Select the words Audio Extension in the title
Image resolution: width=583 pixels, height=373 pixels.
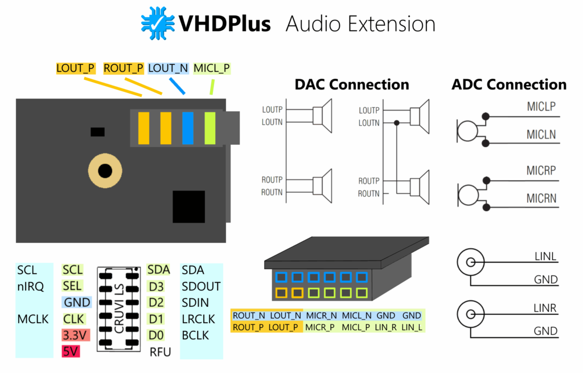tap(360, 24)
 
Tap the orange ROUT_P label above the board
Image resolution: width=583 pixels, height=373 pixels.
tap(124, 68)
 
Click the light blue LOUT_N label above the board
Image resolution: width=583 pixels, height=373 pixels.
tap(168, 68)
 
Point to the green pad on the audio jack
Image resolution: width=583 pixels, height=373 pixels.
tap(211, 128)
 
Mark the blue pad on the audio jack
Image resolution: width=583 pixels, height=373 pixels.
tap(188, 128)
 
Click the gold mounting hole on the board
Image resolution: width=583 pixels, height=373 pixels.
tap(105, 171)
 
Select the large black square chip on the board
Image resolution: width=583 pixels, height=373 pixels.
tap(188, 207)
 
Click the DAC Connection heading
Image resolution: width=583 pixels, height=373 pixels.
tap(351, 84)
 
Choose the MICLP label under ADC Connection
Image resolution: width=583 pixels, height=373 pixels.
tap(541, 107)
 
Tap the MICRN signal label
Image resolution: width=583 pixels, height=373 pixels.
tap(541, 199)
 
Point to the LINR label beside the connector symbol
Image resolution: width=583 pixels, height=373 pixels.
tap(544, 309)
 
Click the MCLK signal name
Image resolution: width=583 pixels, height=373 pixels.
tap(33, 319)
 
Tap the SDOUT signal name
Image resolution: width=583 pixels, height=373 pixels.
tap(201, 286)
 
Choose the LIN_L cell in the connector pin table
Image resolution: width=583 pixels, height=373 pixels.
tap(411, 327)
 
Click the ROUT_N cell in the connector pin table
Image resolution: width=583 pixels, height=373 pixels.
tap(249, 315)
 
